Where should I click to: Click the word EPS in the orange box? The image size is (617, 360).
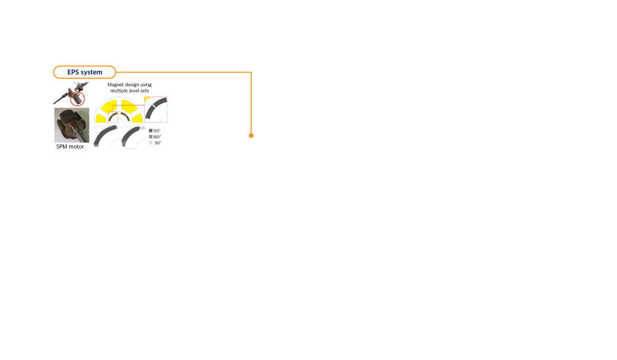(x=73, y=72)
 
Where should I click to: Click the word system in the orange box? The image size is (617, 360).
(x=92, y=73)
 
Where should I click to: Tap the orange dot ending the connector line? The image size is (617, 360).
(x=251, y=136)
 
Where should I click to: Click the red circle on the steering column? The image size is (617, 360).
(x=78, y=99)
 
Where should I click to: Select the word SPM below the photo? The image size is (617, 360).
(x=62, y=147)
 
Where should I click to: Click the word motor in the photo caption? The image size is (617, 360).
(x=76, y=147)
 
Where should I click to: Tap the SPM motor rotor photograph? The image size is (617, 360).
(x=71, y=125)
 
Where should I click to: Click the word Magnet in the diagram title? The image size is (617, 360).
(x=115, y=84)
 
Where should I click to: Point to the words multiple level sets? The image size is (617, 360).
(x=130, y=91)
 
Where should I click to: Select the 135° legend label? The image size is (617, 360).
(x=157, y=131)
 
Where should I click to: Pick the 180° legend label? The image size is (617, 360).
(x=157, y=137)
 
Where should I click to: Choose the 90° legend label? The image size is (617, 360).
(x=158, y=143)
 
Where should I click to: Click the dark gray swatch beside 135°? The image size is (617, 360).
(x=151, y=131)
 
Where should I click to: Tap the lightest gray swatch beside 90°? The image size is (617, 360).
(x=151, y=142)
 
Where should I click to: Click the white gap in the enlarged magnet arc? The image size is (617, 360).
(x=154, y=106)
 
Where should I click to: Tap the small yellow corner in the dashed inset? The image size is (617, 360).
(x=148, y=98)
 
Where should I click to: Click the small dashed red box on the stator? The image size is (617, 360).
(x=113, y=117)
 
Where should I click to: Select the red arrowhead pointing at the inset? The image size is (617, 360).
(x=143, y=105)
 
